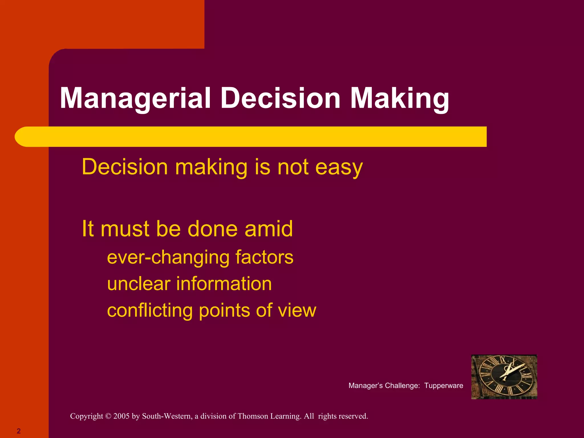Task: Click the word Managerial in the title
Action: [135, 98]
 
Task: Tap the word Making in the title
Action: [399, 98]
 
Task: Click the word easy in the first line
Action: [339, 167]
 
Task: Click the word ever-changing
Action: [168, 257]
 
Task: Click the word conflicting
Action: [149, 311]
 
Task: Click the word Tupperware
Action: [443, 386]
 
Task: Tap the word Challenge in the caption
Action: [402, 386]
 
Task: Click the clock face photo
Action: [504, 377]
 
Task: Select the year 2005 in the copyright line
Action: [121, 416]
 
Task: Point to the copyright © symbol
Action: [108, 416]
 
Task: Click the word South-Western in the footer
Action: [167, 416]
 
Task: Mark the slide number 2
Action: [19, 431]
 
